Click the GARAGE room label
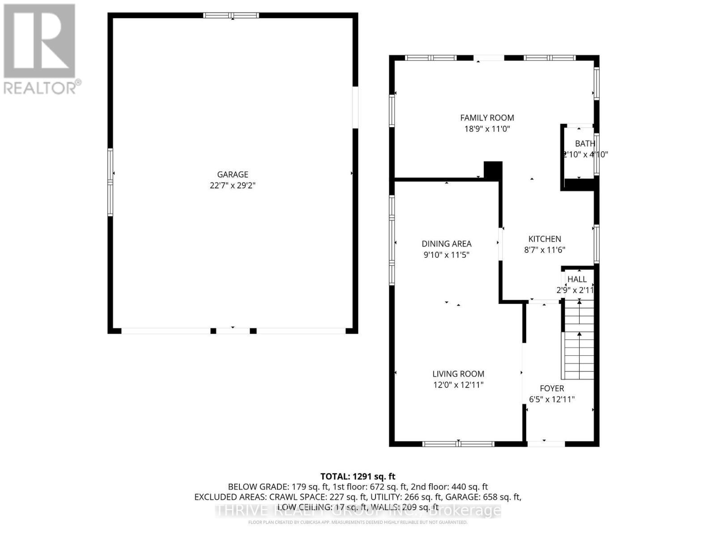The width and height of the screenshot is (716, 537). [x=232, y=175]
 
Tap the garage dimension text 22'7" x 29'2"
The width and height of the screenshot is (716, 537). [x=232, y=185]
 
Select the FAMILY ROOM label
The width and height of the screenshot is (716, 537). [x=487, y=118]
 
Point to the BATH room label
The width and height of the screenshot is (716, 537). [x=585, y=144]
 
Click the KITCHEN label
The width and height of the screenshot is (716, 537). [x=545, y=239]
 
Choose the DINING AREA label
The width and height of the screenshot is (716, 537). [x=446, y=244]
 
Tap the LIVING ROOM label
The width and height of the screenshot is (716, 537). [x=458, y=374]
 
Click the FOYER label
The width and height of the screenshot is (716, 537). [x=552, y=388]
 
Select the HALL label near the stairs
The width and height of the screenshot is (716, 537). [x=577, y=279]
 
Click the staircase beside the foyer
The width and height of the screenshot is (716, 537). [x=579, y=340]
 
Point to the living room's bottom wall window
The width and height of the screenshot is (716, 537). [x=458, y=444]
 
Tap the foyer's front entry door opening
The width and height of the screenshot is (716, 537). [x=546, y=444]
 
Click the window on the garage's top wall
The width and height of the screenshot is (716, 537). [x=231, y=16]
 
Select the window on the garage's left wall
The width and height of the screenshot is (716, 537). [x=111, y=182]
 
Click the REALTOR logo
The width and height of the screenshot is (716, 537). [x=40, y=49]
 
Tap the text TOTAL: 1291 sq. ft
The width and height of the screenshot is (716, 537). [x=358, y=477]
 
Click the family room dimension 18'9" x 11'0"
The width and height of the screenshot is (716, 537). [x=487, y=129]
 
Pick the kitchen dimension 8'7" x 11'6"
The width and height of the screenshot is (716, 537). [x=545, y=250]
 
